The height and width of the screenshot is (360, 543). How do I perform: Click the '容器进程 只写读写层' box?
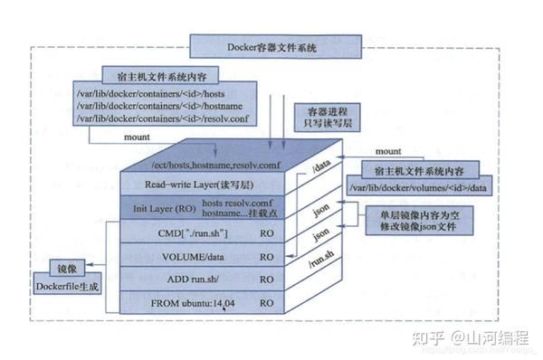click(318, 117)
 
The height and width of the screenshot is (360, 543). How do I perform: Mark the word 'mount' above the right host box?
click(389, 151)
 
